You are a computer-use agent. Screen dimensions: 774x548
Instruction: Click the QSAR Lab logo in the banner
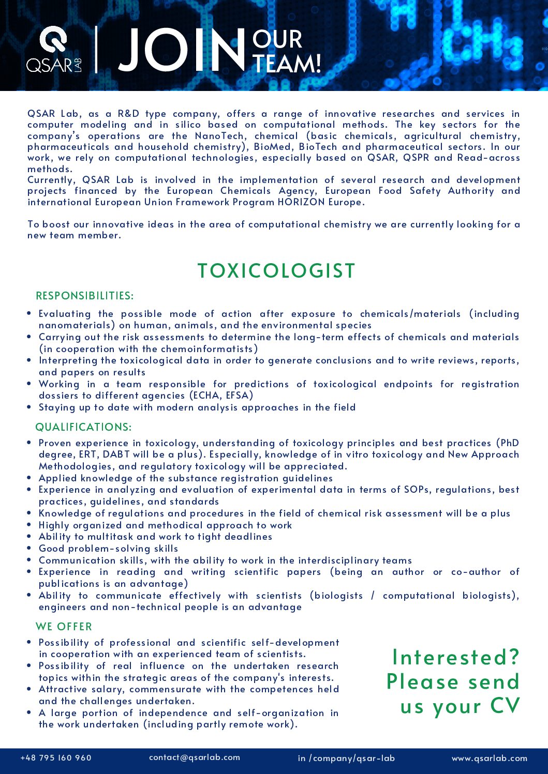click(54, 50)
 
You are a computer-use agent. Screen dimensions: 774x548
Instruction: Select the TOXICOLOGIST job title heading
click(276, 271)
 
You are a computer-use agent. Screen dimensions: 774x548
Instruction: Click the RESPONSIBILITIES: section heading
click(85, 296)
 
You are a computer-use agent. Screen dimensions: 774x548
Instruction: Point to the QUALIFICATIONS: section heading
click(84, 427)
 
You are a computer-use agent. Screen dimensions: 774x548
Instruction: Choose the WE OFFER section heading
click(64, 627)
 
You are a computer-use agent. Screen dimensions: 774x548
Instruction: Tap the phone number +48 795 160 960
click(56, 758)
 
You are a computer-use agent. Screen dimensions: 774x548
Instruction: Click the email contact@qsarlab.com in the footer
click(195, 757)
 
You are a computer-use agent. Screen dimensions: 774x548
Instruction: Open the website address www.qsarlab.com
click(490, 758)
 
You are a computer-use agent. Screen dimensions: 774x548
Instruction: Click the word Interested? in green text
click(456, 658)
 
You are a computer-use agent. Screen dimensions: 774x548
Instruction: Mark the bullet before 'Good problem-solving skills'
click(29, 548)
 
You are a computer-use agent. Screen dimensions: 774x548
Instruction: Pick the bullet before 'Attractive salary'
click(29, 689)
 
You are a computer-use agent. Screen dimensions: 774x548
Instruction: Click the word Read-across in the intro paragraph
click(488, 158)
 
